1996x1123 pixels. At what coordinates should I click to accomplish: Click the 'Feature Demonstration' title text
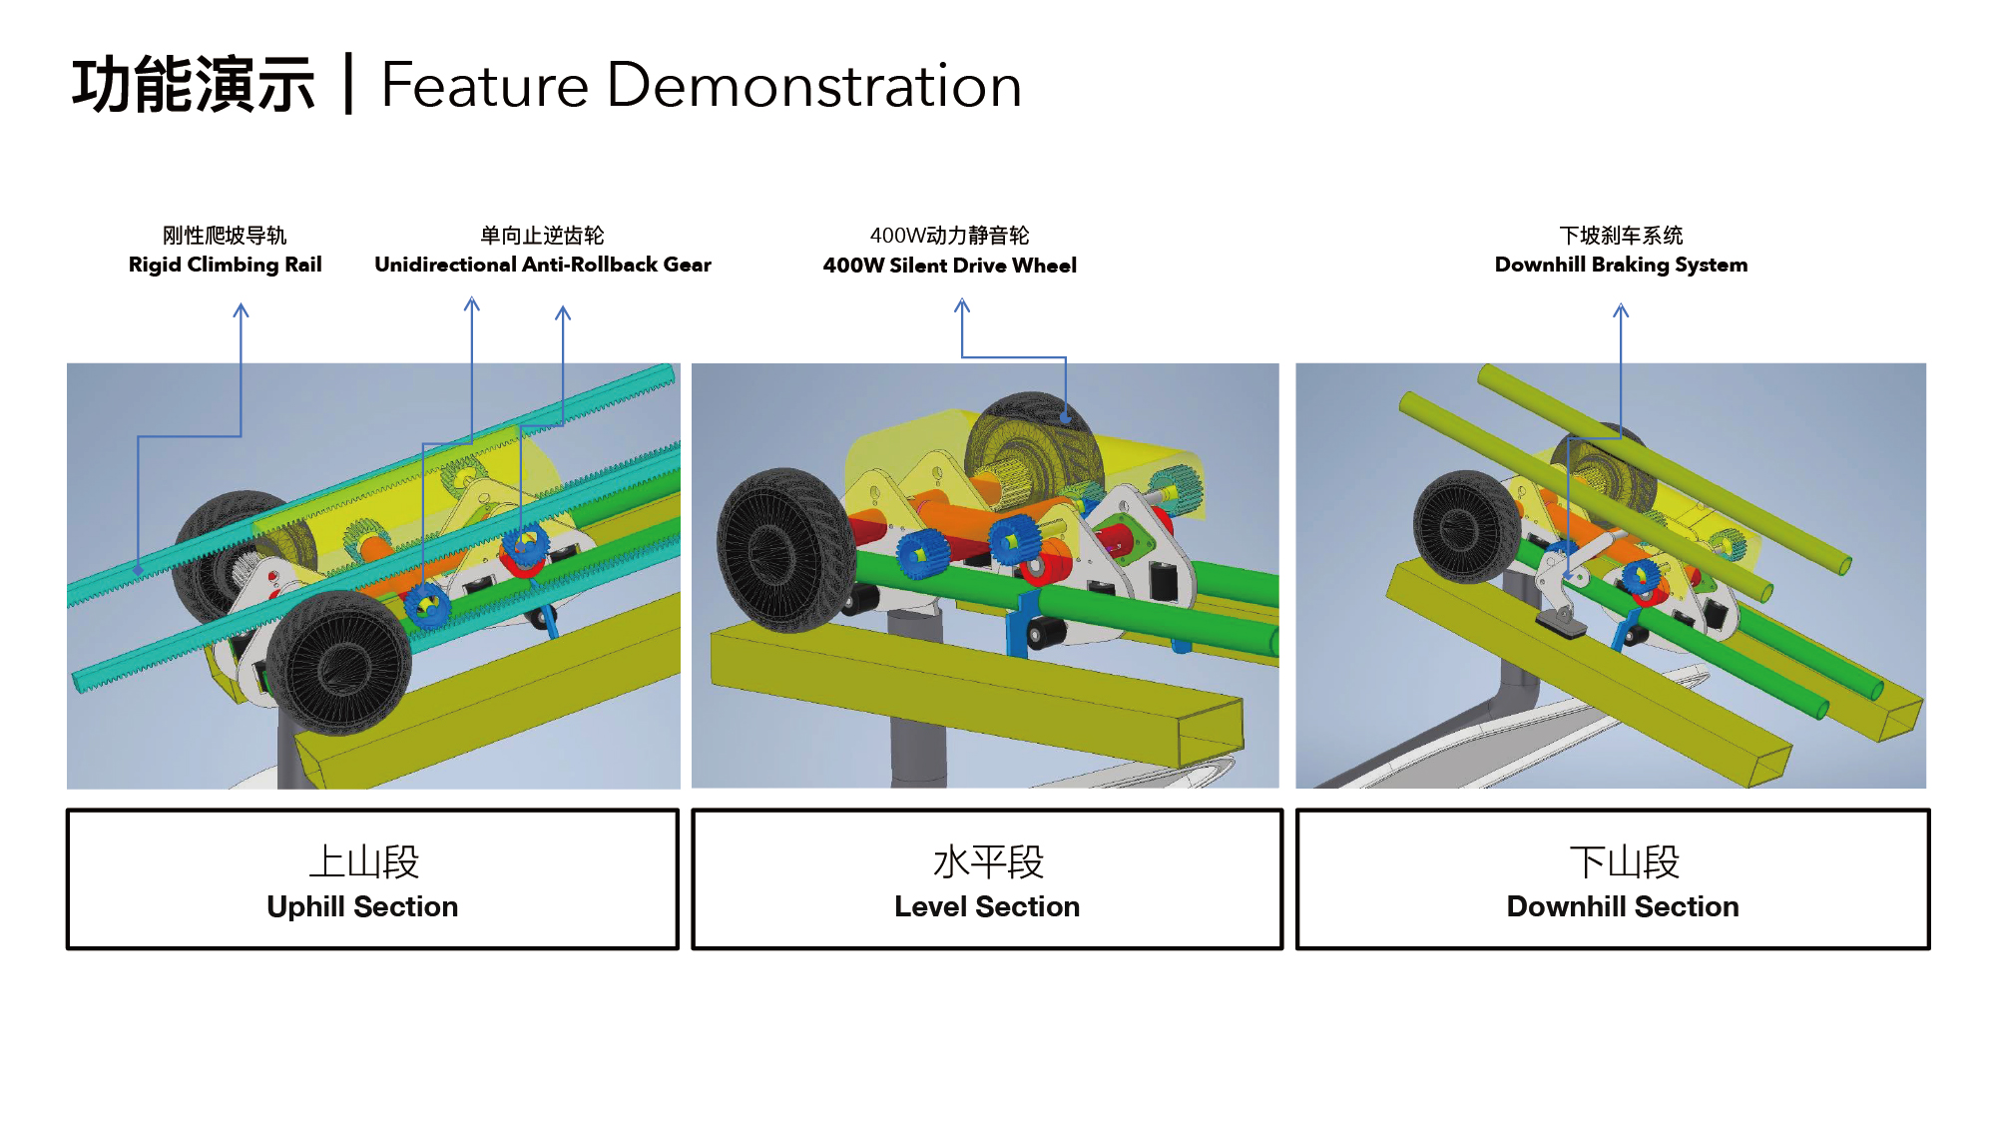[x=701, y=86]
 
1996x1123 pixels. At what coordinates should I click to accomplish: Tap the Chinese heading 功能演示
[x=194, y=86]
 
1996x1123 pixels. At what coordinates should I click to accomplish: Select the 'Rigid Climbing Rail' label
[x=225, y=265]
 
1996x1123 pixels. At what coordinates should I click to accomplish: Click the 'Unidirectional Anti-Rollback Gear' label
[x=542, y=265]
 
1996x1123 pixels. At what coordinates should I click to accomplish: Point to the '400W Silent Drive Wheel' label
[x=949, y=266]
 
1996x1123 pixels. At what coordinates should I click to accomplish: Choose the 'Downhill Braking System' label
[x=1621, y=265]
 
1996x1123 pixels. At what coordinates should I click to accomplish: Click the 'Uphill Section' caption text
[x=362, y=906]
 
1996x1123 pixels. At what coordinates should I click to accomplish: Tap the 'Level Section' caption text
[x=986, y=906]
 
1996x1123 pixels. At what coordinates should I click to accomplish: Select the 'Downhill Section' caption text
[x=1622, y=906]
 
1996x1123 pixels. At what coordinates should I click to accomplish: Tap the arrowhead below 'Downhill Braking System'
[x=1621, y=310]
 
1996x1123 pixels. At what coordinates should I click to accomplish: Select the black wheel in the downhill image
[x=1466, y=526]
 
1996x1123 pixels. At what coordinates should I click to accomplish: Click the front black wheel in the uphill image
[x=339, y=661]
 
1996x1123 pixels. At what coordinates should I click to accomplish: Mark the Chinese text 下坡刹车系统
[x=1621, y=236]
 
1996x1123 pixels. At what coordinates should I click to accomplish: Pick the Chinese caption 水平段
[x=988, y=862]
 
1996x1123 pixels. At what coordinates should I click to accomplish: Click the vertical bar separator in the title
[x=348, y=85]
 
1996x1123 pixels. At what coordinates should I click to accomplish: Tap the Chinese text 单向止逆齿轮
[x=542, y=236]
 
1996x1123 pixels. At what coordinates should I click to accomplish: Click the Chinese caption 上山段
[x=363, y=862]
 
